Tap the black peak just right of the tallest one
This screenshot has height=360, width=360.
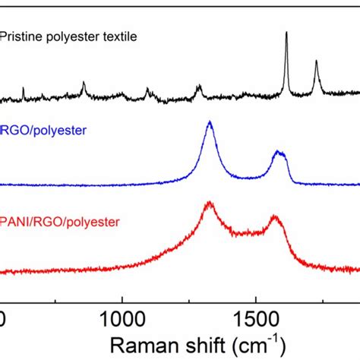pos(316,62)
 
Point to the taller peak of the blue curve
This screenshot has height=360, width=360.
pos(210,122)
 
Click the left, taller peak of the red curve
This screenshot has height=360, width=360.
pos(209,204)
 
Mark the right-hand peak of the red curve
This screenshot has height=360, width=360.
pos(276,217)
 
